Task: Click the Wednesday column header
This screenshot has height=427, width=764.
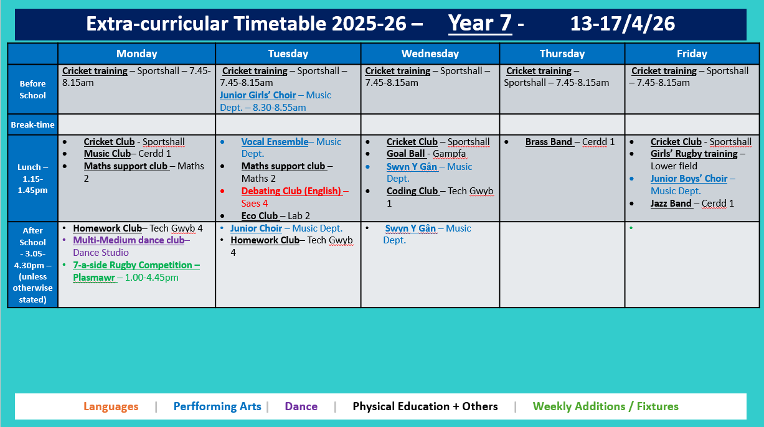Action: pyautogui.click(x=430, y=54)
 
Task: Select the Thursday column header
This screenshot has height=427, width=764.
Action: pyautogui.click(x=562, y=54)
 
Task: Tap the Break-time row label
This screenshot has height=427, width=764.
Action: pyautogui.click(x=32, y=124)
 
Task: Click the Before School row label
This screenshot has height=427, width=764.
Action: pyautogui.click(x=32, y=89)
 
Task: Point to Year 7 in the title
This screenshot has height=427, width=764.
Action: pyautogui.click(x=480, y=24)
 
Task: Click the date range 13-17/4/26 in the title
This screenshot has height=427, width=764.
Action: pyautogui.click(x=622, y=24)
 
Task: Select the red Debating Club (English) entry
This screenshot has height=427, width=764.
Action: pyautogui.click(x=291, y=191)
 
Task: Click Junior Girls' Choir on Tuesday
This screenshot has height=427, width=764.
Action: pyautogui.click(x=258, y=95)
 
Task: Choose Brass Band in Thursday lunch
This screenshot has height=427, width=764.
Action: pyautogui.click(x=549, y=142)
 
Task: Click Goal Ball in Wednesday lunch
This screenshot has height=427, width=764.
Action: pyautogui.click(x=405, y=154)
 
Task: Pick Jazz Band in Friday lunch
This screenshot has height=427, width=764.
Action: pyautogui.click(x=671, y=204)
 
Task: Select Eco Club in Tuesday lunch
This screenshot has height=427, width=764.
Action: pyautogui.click(x=260, y=216)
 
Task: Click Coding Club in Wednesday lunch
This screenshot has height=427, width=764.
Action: pyautogui.click(x=412, y=191)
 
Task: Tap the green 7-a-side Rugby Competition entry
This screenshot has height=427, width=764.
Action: pyautogui.click(x=136, y=265)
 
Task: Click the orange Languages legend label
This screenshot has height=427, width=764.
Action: pyautogui.click(x=111, y=406)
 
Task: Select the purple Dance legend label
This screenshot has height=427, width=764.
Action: pyautogui.click(x=301, y=406)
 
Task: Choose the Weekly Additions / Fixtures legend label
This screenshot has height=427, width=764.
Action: pyautogui.click(x=605, y=406)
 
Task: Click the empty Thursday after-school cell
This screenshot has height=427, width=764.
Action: pyautogui.click(x=562, y=264)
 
